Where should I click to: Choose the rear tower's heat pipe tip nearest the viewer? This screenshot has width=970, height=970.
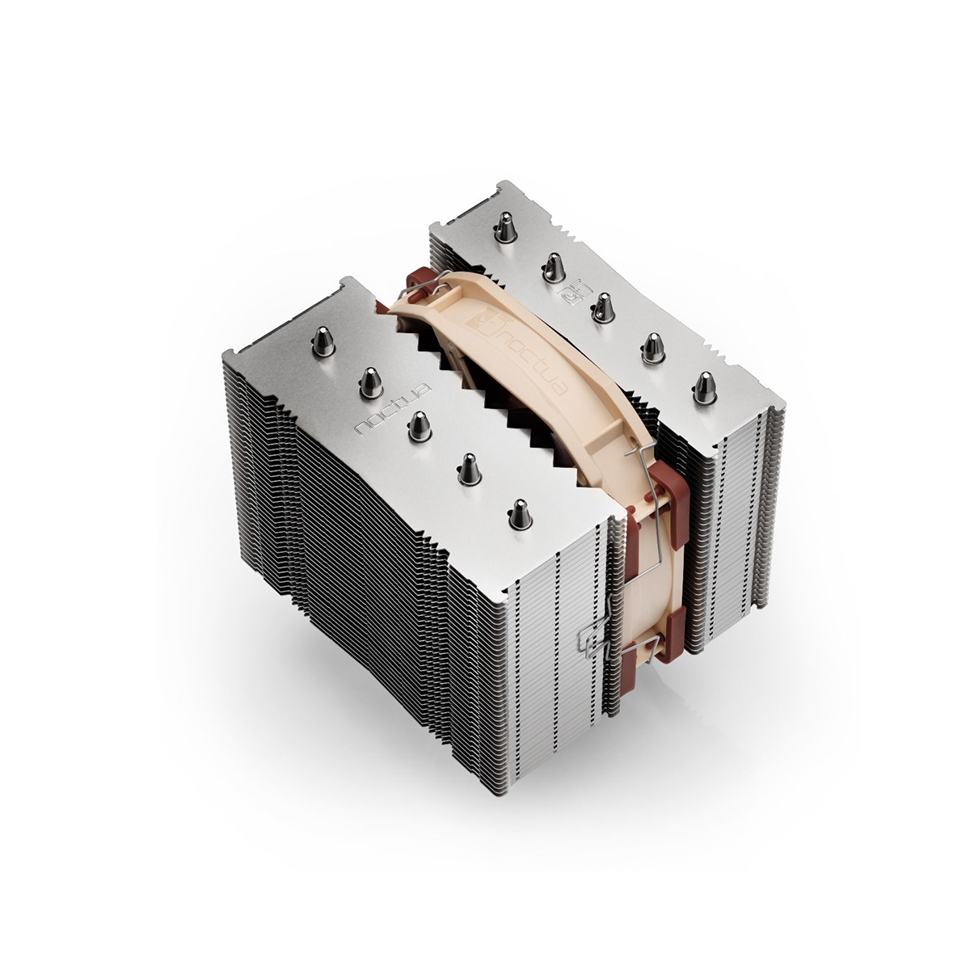(x=702, y=387)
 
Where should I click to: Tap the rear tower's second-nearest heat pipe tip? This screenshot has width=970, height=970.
(x=652, y=346)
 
